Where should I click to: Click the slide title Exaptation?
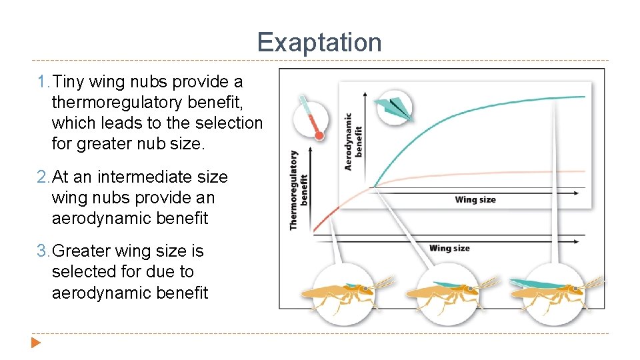click(319, 43)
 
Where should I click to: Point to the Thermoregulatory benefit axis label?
click(298, 191)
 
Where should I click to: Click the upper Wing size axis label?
click(475, 199)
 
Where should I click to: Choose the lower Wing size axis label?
click(449, 248)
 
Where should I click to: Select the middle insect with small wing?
click(439, 293)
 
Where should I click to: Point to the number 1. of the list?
click(43, 82)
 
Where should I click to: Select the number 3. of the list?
click(43, 251)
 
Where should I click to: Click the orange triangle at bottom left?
click(36, 344)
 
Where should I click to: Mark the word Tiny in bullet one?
click(67, 82)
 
